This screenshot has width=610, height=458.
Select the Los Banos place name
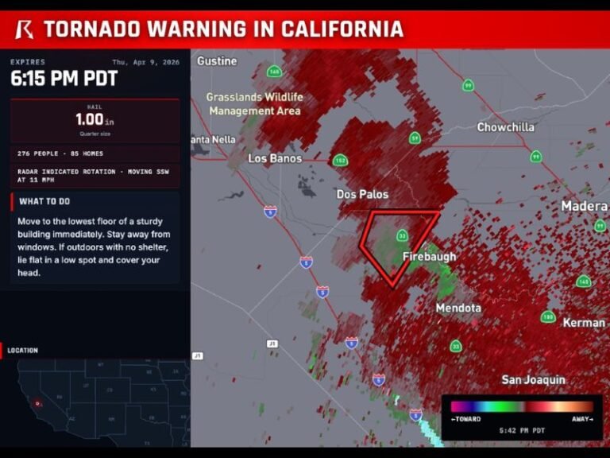click(x=275, y=158)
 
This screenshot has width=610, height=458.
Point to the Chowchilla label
click(x=505, y=127)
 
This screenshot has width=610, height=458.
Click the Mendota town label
click(x=458, y=308)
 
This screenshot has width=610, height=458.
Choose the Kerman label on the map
click(x=583, y=323)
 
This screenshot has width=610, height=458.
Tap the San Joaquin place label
click(x=533, y=380)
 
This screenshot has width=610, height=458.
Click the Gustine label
click(x=217, y=61)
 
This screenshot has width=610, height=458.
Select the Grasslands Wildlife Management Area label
click(x=254, y=104)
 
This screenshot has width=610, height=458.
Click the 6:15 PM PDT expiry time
click(x=64, y=79)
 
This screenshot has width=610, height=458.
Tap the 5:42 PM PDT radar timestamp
click(x=521, y=430)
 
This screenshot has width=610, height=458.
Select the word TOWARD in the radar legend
click(x=465, y=419)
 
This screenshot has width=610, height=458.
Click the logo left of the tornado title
click(x=25, y=29)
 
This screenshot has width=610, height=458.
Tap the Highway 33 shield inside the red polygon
click(x=403, y=235)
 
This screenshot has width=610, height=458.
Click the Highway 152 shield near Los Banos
click(x=340, y=161)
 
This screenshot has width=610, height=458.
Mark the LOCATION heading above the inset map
click(x=23, y=350)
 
